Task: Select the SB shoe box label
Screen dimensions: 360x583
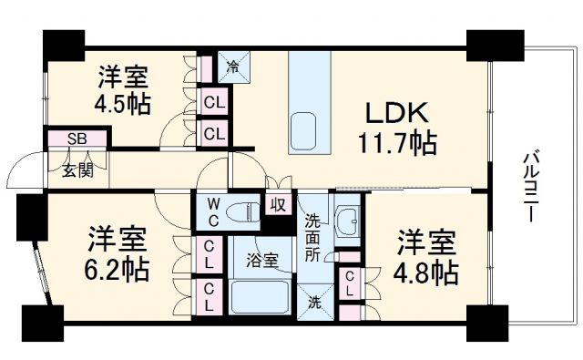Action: tap(78, 139)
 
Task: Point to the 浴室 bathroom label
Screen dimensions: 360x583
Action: tap(264, 260)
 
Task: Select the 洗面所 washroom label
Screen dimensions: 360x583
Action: tap(312, 237)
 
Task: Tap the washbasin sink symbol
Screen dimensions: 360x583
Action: tap(349, 221)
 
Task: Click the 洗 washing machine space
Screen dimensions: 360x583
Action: tap(313, 302)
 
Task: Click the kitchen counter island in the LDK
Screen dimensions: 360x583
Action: tap(304, 101)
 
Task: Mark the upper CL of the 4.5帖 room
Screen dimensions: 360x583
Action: tap(215, 103)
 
